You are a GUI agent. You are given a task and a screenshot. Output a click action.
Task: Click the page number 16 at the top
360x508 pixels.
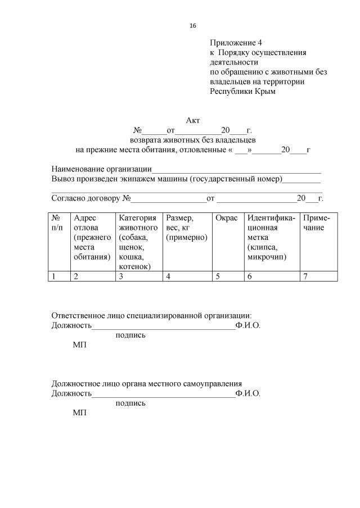pyautogui.click(x=193, y=26)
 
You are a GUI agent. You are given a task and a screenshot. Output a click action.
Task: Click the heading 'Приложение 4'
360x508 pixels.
pyautogui.click(x=236, y=43)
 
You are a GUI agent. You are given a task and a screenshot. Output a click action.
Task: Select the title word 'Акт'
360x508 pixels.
pyautogui.click(x=193, y=120)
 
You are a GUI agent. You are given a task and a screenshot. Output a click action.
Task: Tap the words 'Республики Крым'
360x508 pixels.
pyautogui.click(x=243, y=91)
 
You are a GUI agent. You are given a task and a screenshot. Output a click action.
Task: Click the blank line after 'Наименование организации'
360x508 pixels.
pyautogui.click(x=236, y=169)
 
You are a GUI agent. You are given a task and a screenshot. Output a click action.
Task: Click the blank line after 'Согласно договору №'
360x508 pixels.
pyautogui.click(x=169, y=199)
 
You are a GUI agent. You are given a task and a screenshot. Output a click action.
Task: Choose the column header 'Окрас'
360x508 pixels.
pyautogui.click(x=227, y=218)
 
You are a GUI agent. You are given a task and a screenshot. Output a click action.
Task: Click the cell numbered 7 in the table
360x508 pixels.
pyautogui.click(x=306, y=276)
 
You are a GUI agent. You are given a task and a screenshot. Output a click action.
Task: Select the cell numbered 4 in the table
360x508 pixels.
pyautogui.click(x=168, y=276)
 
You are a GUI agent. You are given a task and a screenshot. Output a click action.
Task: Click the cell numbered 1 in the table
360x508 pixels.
pyautogui.click(x=54, y=276)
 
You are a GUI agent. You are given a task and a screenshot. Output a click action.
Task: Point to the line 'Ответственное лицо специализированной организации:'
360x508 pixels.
pyautogui.click(x=151, y=316)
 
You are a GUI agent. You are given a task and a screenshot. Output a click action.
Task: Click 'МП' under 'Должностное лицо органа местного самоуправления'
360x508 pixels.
pyautogui.click(x=80, y=412)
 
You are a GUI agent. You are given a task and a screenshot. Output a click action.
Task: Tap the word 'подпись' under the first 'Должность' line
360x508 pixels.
pyautogui.click(x=130, y=335)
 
